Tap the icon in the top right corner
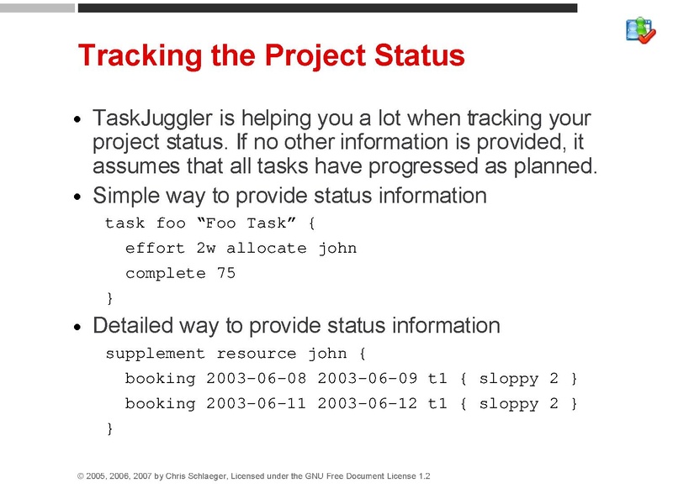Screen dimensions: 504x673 tap(640, 30)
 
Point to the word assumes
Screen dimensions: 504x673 tap(127, 165)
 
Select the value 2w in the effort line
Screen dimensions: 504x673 tap(206, 249)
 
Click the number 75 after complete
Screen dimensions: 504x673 tap(225, 274)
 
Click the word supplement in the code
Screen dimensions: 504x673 tap(155, 354)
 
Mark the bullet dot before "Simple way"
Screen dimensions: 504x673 tap(78, 198)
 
